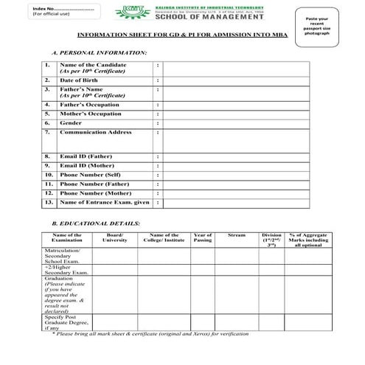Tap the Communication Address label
[x=95, y=133]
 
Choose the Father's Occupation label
[x=89, y=105]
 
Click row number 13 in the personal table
[x=49, y=201]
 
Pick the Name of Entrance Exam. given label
[x=104, y=201]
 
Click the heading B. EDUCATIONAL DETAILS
[x=95, y=223]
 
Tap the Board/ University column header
[x=114, y=237]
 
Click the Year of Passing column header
[x=202, y=237]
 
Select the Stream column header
[x=236, y=235]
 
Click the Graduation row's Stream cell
[x=236, y=296]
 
